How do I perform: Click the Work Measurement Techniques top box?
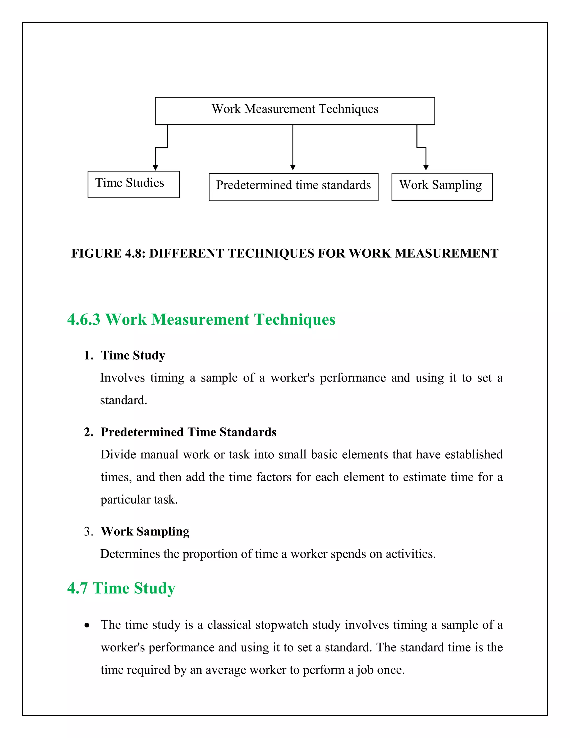(x=295, y=111)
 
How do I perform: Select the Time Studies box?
(x=133, y=184)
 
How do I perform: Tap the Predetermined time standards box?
(x=293, y=187)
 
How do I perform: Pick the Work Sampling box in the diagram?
(x=442, y=187)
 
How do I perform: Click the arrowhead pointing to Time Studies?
(x=155, y=168)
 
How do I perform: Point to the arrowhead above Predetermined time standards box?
(x=293, y=167)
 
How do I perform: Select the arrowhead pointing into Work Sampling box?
(x=426, y=167)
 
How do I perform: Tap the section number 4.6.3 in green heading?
(x=84, y=319)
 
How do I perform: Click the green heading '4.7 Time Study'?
(x=121, y=588)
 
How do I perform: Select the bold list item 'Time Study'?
(x=133, y=355)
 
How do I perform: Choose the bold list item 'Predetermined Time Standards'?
(x=188, y=432)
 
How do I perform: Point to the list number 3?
(x=88, y=532)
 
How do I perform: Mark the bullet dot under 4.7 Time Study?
(x=87, y=625)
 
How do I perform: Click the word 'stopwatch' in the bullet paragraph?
(x=282, y=625)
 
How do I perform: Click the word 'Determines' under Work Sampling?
(x=130, y=554)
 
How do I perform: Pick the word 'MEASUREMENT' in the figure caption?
(x=446, y=253)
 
